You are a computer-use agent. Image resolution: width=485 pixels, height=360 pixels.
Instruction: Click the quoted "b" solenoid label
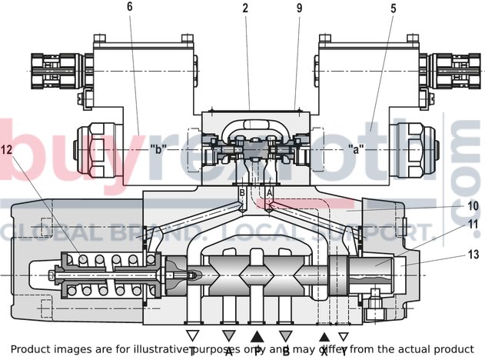point(158,148)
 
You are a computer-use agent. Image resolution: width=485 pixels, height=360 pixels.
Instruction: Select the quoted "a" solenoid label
point(355,148)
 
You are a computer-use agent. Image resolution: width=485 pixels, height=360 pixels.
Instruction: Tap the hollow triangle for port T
point(192,335)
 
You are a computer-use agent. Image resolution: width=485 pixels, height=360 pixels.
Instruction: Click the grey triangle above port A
point(228,335)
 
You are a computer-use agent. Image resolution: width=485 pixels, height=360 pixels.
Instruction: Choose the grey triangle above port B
point(286,335)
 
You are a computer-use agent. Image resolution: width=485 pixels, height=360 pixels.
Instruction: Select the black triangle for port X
point(324,335)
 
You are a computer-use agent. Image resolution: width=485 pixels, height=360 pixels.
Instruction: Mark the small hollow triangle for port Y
point(344,335)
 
